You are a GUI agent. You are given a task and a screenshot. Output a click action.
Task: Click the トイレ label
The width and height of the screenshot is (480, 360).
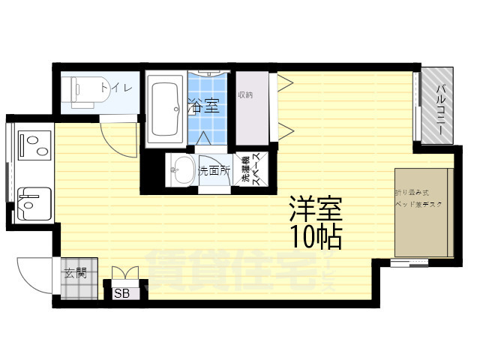[x=122, y=88]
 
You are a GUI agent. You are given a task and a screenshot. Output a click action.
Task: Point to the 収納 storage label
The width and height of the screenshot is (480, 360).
[x=245, y=95]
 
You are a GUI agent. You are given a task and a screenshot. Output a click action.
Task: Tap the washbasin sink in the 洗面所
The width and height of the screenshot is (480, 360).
[x=181, y=169]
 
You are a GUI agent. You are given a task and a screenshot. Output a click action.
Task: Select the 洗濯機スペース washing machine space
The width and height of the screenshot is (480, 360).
[x=250, y=170]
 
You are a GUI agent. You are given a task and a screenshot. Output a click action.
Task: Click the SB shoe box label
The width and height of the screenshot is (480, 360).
[x=121, y=293]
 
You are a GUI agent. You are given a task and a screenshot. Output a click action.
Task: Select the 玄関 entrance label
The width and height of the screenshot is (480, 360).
[x=74, y=273]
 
